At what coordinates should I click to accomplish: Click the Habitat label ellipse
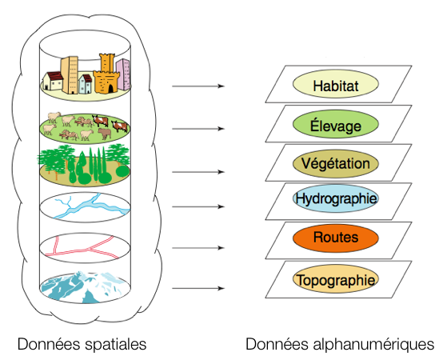(336, 84)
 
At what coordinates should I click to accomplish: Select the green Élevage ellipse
(336, 124)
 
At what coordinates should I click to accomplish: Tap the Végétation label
(336, 164)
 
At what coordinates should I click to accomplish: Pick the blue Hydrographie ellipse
(336, 198)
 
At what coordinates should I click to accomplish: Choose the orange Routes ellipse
(336, 238)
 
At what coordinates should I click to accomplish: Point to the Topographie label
(336, 279)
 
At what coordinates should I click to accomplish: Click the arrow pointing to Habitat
(198, 86)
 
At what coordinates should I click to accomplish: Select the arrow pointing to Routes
(198, 248)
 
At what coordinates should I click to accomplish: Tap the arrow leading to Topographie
(198, 288)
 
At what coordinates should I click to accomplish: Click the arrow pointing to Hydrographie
(198, 207)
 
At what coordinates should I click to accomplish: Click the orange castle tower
(107, 74)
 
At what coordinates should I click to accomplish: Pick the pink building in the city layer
(123, 74)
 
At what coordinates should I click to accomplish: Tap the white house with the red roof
(53, 81)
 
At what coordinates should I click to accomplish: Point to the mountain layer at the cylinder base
(85, 287)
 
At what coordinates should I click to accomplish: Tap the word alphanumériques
(373, 345)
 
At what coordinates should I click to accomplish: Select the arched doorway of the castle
(110, 89)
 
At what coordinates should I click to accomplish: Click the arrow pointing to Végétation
(198, 172)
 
